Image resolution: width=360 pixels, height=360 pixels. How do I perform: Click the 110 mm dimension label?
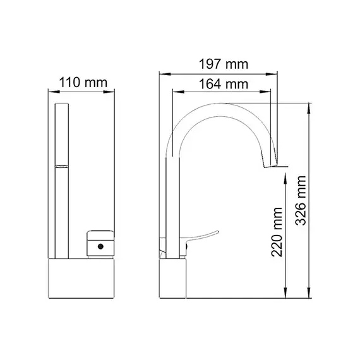tap(83, 82)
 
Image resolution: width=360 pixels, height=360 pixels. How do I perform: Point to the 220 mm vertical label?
tap(276, 232)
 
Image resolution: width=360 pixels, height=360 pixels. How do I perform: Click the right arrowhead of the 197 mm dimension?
tap(278, 73)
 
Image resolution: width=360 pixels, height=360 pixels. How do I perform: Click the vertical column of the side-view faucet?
tap(171, 202)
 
